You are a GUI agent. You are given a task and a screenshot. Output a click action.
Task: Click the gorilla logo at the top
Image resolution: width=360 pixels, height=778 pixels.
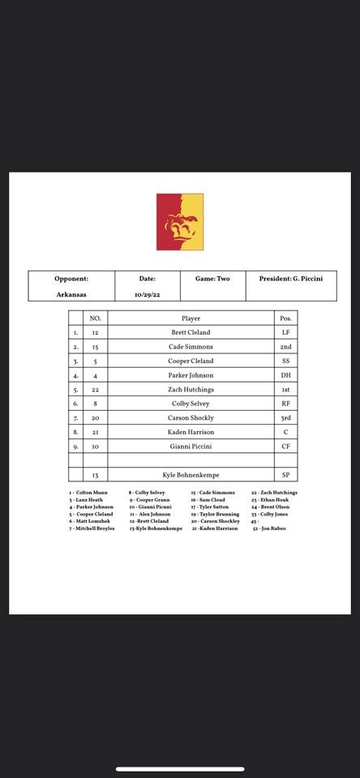tap(180, 221)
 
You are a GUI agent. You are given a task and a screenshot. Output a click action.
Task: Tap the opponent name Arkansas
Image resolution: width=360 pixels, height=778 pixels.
tap(71, 295)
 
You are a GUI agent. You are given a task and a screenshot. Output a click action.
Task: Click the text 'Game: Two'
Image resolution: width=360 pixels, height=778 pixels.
tap(212, 279)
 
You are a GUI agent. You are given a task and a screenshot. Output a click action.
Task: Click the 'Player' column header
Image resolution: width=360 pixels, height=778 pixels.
tap(191, 318)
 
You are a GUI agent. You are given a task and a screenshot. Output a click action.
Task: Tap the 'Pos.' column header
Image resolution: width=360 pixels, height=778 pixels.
tap(285, 318)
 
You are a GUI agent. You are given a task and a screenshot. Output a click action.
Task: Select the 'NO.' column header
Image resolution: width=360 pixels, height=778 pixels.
tap(95, 318)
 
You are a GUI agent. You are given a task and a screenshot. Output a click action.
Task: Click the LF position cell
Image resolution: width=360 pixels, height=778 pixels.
tap(285, 332)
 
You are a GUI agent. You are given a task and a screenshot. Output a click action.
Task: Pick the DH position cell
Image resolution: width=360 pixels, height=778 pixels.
tap(285, 374)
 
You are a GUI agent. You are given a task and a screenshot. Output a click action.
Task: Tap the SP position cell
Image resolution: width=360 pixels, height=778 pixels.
tap(285, 474)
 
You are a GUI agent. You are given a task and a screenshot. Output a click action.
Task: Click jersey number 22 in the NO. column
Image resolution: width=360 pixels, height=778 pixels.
tap(95, 389)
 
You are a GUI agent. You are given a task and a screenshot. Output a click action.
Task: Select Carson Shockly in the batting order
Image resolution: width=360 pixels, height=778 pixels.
tap(191, 417)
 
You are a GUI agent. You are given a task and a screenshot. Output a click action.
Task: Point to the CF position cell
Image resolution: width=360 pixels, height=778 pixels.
tap(285, 446)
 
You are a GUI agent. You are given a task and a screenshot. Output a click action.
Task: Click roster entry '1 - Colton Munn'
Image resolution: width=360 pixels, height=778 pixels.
tap(88, 492)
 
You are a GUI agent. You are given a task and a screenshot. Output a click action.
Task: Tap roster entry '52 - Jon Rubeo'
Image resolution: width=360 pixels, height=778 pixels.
tap(268, 528)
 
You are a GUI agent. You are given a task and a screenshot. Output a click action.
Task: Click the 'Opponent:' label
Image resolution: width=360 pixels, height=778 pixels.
tap(71, 279)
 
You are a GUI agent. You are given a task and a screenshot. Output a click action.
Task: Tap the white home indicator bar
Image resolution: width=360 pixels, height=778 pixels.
tap(180, 769)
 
